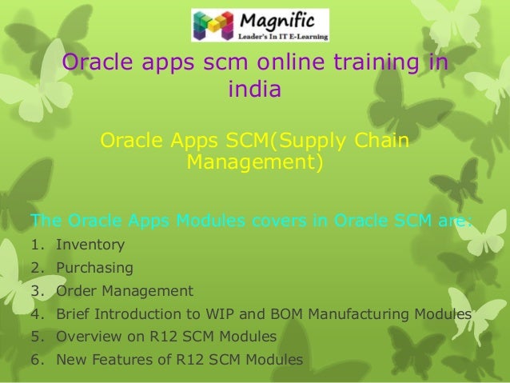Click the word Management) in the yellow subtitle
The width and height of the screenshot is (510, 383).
click(255, 163)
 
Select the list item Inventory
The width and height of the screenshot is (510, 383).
click(90, 245)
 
